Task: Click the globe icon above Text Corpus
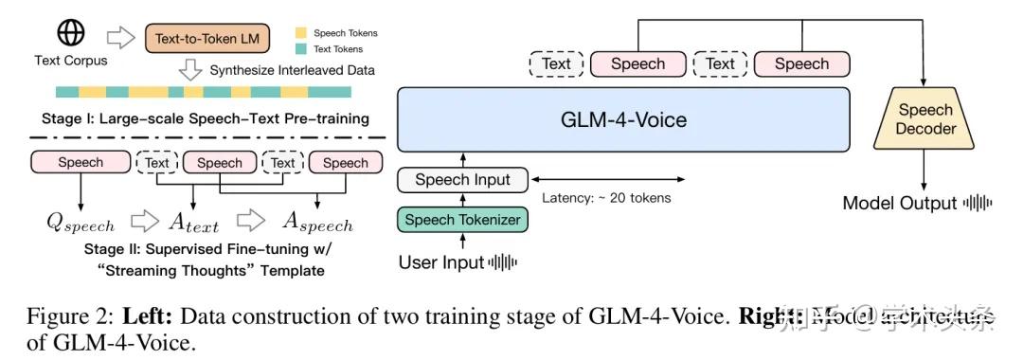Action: [72, 33]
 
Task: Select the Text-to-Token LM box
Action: [207, 39]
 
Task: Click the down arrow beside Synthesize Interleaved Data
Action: [190, 70]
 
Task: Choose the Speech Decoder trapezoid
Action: [925, 119]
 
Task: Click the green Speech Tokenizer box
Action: [461, 220]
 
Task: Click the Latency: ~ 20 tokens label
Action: [606, 198]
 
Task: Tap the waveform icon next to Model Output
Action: [978, 203]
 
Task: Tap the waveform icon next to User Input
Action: [503, 262]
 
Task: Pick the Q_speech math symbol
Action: [81, 223]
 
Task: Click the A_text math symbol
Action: [193, 223]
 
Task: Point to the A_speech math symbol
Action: [316, 223]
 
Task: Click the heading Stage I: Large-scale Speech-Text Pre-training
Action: [205, 118]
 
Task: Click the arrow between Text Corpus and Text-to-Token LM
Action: [122, 38]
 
